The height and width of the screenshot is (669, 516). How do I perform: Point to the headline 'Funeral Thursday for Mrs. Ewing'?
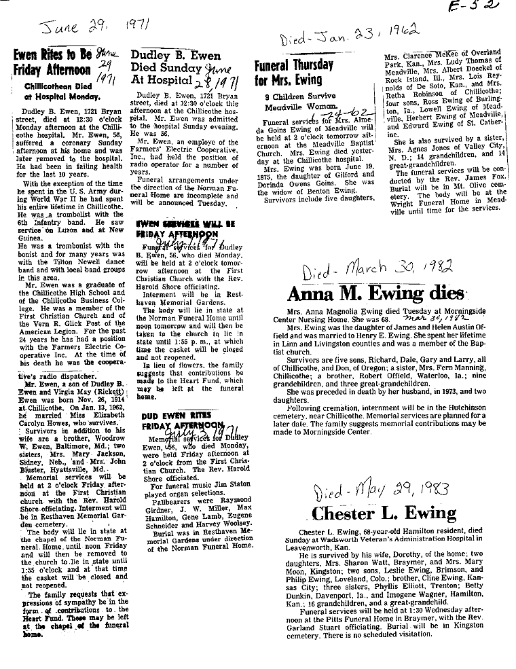(294, 73)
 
